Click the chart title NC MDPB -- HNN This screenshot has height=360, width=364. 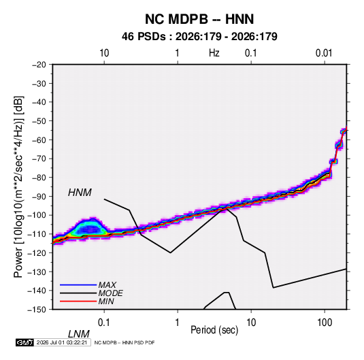coord(199,19)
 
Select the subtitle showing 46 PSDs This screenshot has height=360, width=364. coord(199,37)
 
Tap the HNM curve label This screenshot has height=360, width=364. coord(80,193)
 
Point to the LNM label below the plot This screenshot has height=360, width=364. coord(79,334)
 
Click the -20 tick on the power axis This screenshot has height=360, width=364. coord(39,65)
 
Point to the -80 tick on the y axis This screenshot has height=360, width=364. coord(39,178)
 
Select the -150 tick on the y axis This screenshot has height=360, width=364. coord(37,310)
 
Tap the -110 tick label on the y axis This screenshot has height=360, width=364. coord(37,234)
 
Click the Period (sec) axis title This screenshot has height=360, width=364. coord(214,330)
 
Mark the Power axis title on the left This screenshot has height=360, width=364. coord(18,187)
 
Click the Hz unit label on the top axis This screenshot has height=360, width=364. coord(214,53)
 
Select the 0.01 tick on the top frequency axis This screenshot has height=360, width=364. coord(324,53)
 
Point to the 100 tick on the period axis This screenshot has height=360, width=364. coord(325,323)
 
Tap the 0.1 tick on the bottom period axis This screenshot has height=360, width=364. coord(104,323)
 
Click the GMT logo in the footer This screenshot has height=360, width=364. coord(25,342)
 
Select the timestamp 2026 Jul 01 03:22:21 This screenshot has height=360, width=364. coord(62,342)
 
